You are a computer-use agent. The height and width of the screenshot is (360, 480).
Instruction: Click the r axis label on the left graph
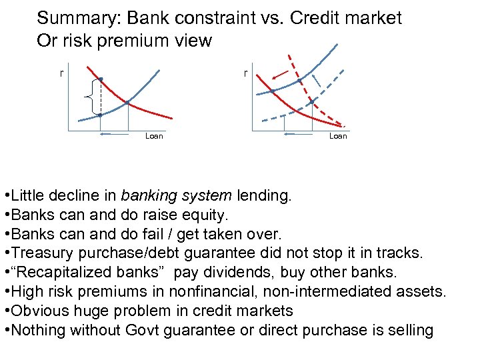[x=62, y=73]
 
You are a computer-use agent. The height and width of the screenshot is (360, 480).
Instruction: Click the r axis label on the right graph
[x=246, y=73]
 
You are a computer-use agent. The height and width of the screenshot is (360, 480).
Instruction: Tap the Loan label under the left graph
[x=154, y=136]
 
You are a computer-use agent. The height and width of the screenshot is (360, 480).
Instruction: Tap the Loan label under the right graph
[x=338, y=136]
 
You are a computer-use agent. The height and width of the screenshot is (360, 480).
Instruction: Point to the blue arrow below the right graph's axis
[x=293, y=135]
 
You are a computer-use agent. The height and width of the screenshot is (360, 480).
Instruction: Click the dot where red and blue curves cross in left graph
[x=127, y=103]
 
